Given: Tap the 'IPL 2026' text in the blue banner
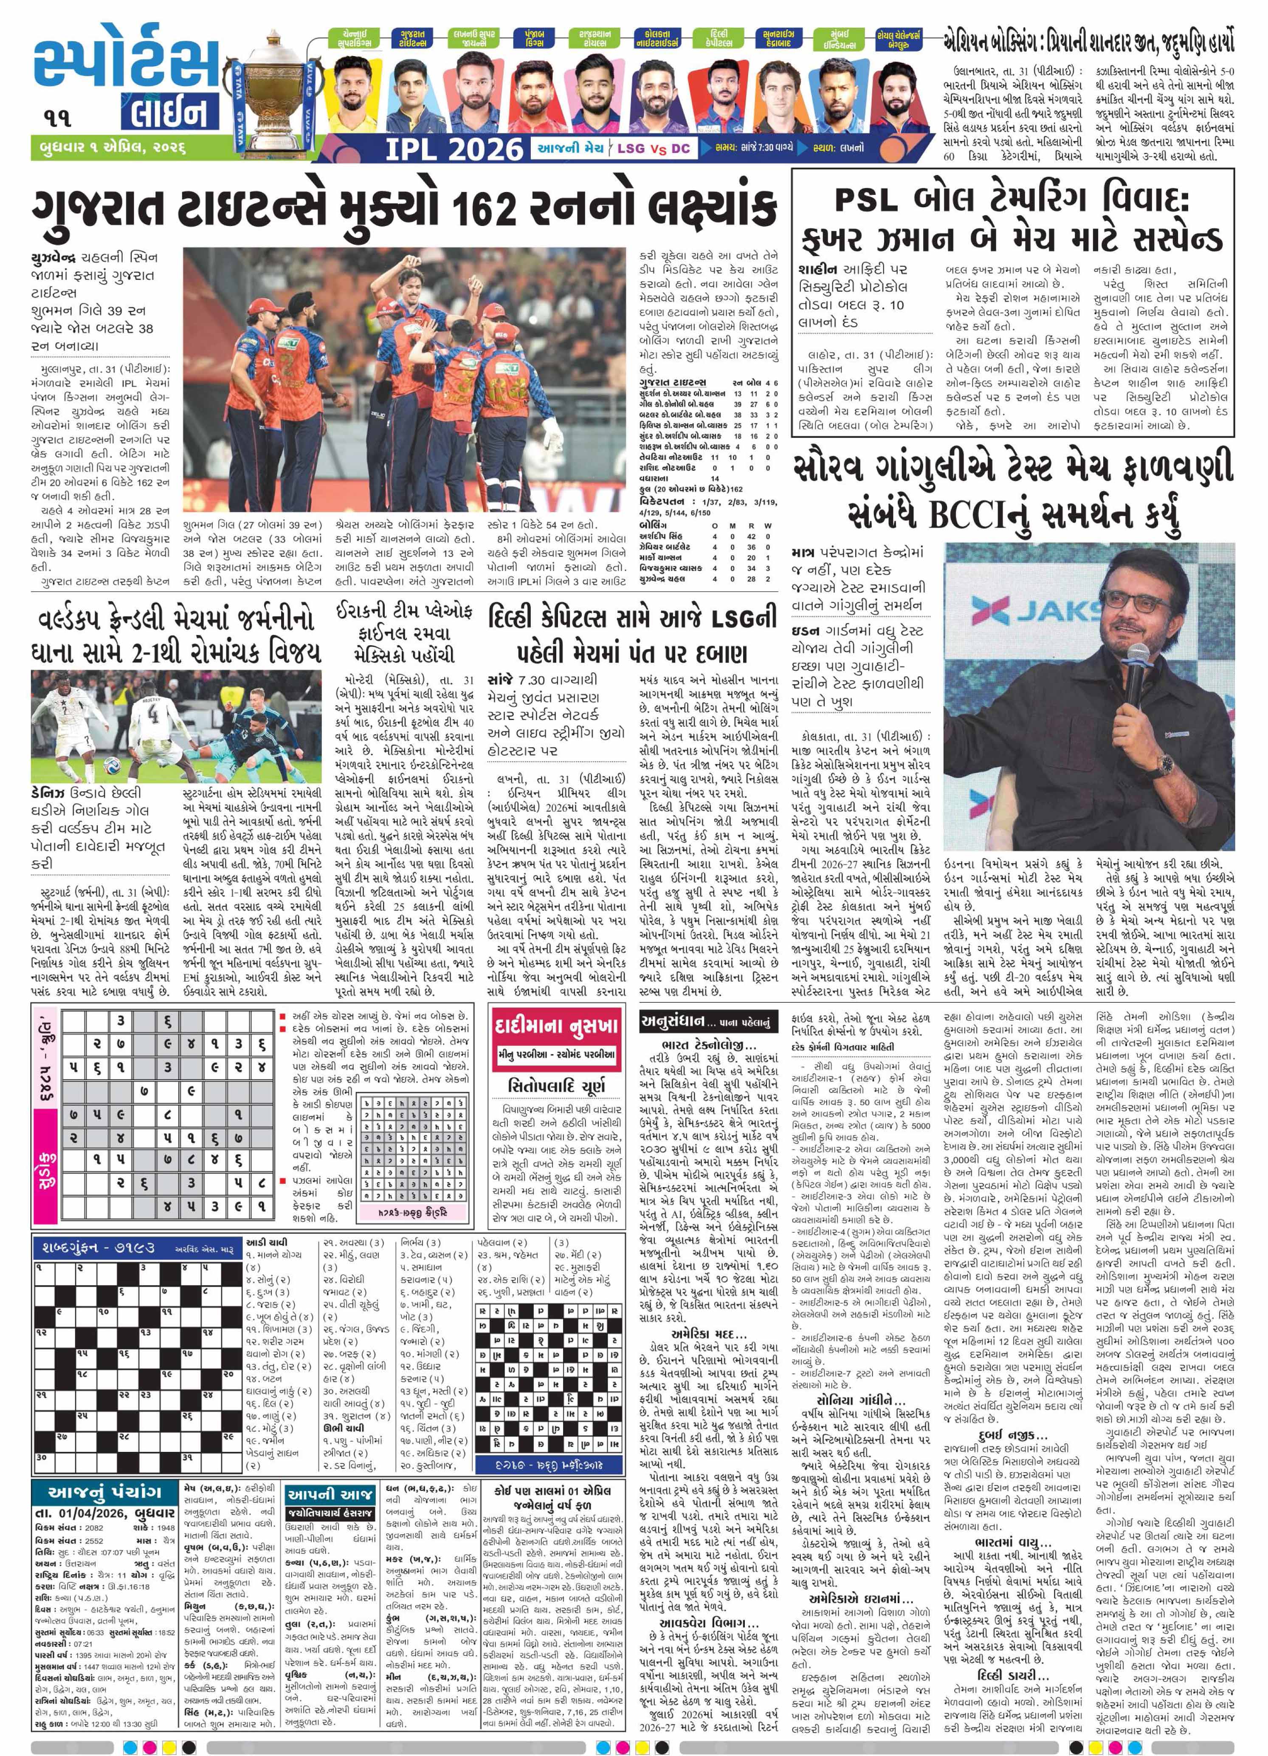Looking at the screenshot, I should pos(454,148).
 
